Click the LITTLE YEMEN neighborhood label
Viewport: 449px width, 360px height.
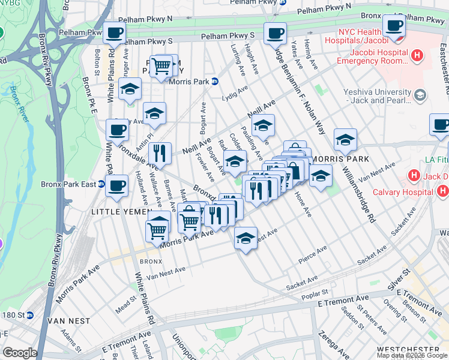pyautogui.click(x=121, y=212)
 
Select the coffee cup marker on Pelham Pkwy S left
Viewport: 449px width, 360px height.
pyautogui.click(x=114, y=33)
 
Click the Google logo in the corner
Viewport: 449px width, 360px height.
pyautogui.click(x=20, y=353)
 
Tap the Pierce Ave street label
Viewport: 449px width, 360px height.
pyautogui.click(x=313, y=254)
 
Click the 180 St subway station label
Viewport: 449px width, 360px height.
pyautogui.click(x=17, y=314)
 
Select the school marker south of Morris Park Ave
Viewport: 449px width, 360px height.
pyautogui.click(x=246, y=239)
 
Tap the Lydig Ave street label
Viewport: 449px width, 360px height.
pyautogui.click(x=235, y=93)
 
